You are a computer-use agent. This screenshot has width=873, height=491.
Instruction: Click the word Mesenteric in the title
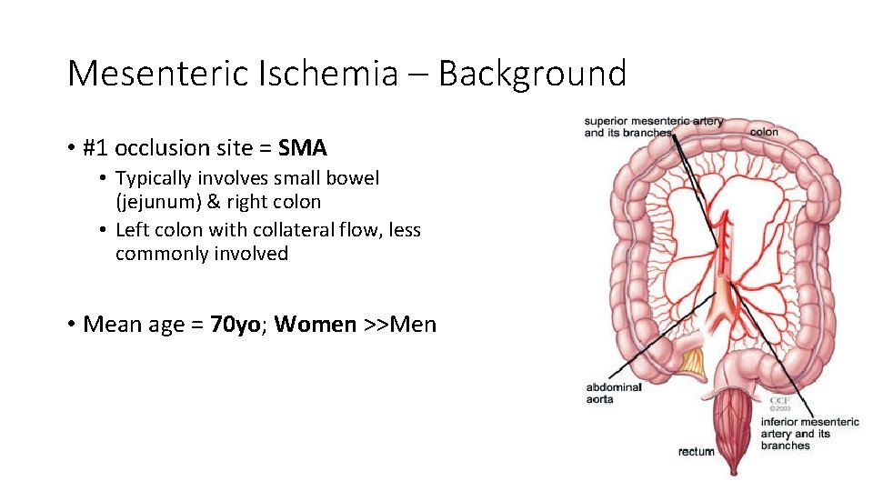tap(158, 74)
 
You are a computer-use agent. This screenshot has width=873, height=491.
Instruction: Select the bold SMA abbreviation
tap(303, 148)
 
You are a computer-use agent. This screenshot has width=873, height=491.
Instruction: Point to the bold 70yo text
tap(235, 325)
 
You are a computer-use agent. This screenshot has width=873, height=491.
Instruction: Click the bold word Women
tap(315, 325)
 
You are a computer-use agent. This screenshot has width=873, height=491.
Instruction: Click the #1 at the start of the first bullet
tap(95, 148)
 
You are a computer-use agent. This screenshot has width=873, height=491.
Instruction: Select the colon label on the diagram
tap(763, 132)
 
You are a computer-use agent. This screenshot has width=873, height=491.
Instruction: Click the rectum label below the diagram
tap(696, 452)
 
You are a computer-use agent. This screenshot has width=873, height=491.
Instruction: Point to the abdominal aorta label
tap(614, 393)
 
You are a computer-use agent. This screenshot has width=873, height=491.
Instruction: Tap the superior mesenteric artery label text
tap(653, 126)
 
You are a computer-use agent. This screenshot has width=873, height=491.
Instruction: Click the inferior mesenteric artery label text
tap(808, 433)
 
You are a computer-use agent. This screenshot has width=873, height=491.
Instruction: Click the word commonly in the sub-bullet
tap(161, 254)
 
